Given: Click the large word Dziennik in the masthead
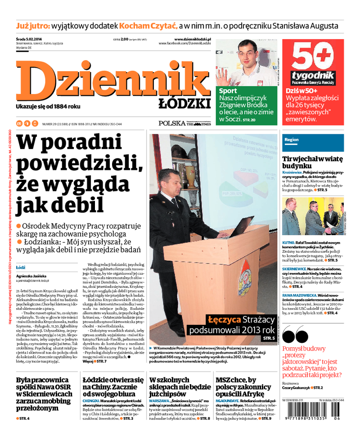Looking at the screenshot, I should pos(112,81).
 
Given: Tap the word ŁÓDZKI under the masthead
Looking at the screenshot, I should pos(184,104).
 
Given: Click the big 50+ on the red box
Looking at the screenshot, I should pos(315,56).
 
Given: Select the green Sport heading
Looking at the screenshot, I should pos(228,91).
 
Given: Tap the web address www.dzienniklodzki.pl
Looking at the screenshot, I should pos(192,40).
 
